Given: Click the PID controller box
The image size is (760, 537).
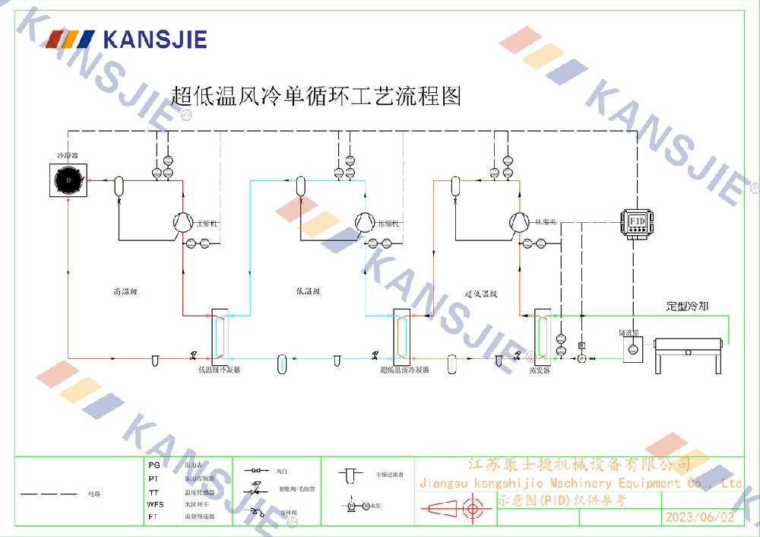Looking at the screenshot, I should click(x=637, y=221).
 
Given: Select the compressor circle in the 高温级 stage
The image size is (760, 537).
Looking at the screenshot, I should click(x=182, y=221).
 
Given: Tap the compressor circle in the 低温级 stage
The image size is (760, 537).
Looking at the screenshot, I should click(x=366, y=221).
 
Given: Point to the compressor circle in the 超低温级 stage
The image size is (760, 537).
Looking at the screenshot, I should click(x=519, y=221).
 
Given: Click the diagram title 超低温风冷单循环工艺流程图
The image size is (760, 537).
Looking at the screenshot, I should click(x=316, y=97).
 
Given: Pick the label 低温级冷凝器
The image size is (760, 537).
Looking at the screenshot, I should click(x=219, y=370).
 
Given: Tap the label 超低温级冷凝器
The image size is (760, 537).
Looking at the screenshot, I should click(x=404, y=370).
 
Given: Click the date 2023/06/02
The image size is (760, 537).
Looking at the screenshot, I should click(x=699, y=517).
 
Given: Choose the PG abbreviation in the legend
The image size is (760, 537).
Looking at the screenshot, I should click(x=154, y=464).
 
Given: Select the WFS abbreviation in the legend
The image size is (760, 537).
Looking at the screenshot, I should click(x=155, y=504).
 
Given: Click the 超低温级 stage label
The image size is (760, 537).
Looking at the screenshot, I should click(x=480, y=293).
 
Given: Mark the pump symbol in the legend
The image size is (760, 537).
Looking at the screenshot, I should click(x=353, y=505).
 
